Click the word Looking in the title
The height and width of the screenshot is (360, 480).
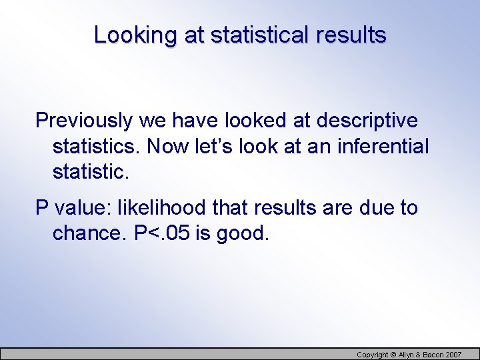point(137,35)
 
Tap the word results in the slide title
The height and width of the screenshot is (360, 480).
point(350,35)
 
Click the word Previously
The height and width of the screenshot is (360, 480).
point(84,121)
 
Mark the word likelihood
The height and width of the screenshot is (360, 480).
point(162,208)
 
